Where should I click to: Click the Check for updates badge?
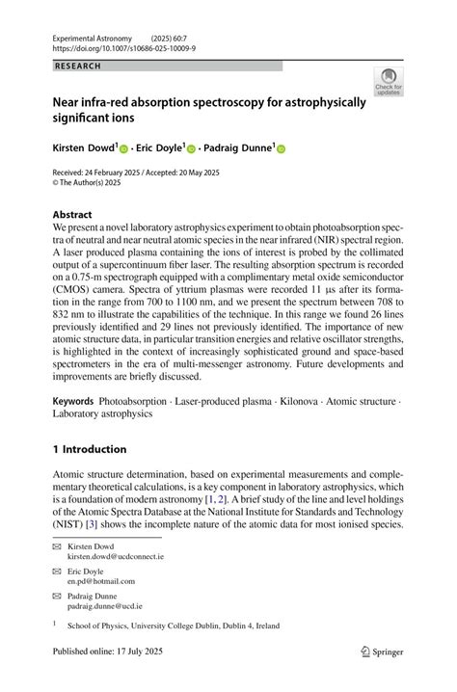coord(389,83)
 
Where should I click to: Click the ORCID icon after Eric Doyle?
coord(191,148)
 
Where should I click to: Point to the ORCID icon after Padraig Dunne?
coord(282,148)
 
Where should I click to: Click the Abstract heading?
coord(72,214)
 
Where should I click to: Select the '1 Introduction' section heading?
coord(89,449)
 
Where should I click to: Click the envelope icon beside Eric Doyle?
coord(56,572)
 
